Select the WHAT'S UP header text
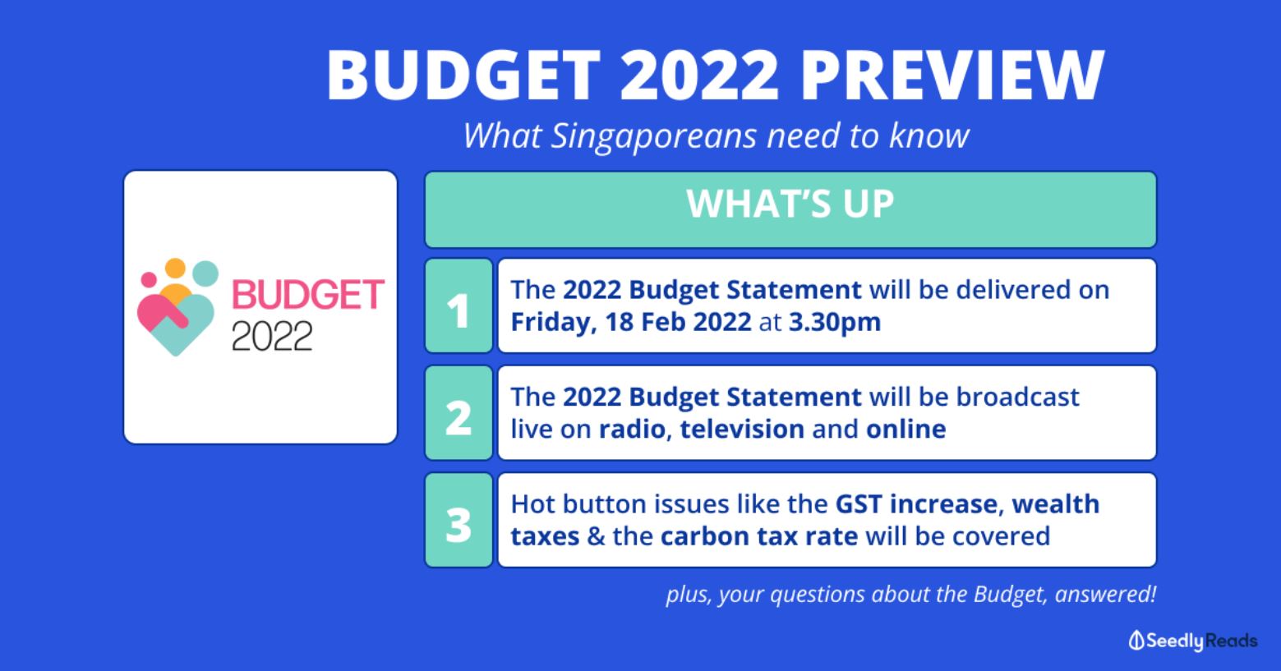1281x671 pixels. pyautogui.click(x=790, y=204)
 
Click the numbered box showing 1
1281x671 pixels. pyautogui.click(x=458, y=306)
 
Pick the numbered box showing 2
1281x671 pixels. pyautogui.click(x=458, y=412)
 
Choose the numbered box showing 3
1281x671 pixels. pyautogui.click(x=458, y=520)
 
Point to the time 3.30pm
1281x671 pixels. pyautogui.click(x=835, y=323)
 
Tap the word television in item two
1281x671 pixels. pyautogui.click(x=742, y=430)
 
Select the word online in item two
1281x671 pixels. pyautogui.click(x=905, y=430)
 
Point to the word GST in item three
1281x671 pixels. pyautogui.click(x=859, y=504)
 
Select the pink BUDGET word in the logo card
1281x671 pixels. pyautogui.click(x=307, y=295)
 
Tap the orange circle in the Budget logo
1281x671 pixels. pyautogui.click(x=175, y=268)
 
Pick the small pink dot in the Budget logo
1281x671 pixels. pyautogui.click(x=149, y=279)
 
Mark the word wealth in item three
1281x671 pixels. pyautogui.click(x=1055, y=504)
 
